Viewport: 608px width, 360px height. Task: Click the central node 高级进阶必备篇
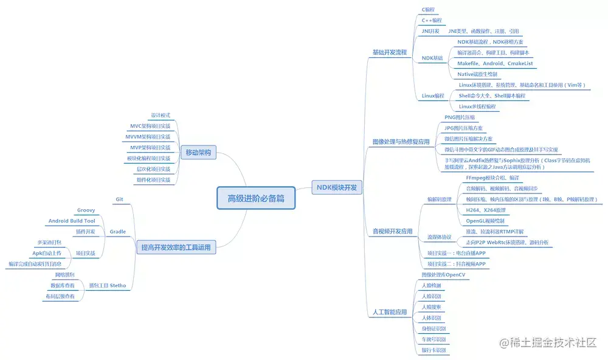(x=256, y=198)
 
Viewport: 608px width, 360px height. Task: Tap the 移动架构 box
(x=198, y=153)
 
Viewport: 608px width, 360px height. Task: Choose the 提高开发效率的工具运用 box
(x=176, y=247)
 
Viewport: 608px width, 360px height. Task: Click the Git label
(x=119, y=199)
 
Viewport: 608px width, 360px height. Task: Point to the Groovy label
(x=86, y=210)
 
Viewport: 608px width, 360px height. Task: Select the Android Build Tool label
(x=72, y=221)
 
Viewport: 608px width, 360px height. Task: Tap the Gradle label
(x=118, y=232)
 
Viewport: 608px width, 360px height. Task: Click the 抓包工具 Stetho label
(x=108, y=285)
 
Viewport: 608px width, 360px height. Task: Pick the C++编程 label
(x=432, y=20)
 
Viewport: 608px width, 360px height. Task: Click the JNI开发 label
(x=430, y=31)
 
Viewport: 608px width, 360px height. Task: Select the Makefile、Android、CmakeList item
(x=495, y=63)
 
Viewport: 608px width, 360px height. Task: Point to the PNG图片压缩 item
(x=460, y=117)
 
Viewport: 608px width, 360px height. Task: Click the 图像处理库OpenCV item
(x=443, y=274)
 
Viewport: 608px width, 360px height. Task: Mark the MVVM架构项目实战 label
(x=148, y=137)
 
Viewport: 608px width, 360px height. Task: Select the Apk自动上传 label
(x=47, y=253)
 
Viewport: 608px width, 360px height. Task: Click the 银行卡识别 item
(x=434, y=350)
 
